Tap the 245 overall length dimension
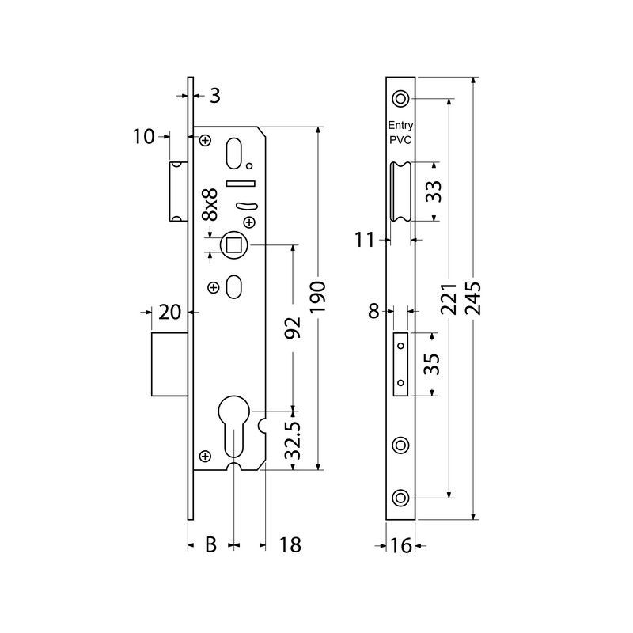click(x=474, y=299)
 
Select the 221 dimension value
click(x=449, y=299)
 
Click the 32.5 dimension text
click(x=293, y=441)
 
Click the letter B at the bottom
click(x=211, y=544)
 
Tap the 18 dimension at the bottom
click(x=291, y=544)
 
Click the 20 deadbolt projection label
click(x=170, y=313)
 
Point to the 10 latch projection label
click(x=145, y=137)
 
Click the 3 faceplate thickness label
click(x=214, y=96)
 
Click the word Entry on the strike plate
click(x=400, y=126)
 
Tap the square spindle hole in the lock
click(x=234, y=244)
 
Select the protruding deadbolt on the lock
click(x=169, y=365)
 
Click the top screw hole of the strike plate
click(x=400, y=99)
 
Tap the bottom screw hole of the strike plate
click(x=400, y=498)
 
